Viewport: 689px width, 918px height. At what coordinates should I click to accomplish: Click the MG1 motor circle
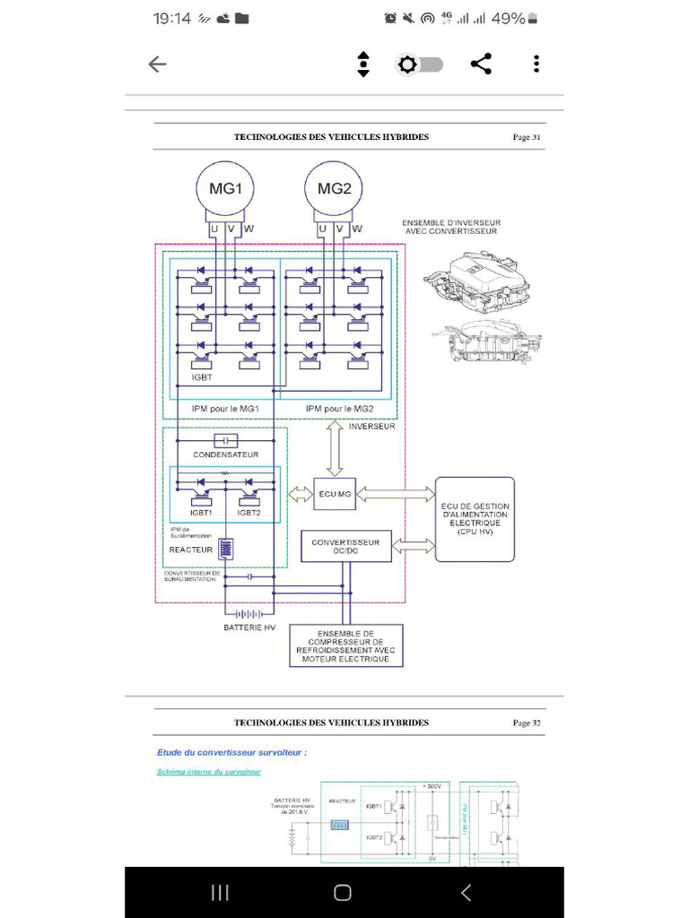pos(225,188)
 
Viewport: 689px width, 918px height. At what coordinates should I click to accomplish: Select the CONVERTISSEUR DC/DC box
pos(345,546)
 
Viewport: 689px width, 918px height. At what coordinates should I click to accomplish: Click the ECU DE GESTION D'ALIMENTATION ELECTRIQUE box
pos(475,519)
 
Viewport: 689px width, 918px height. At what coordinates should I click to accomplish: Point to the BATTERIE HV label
pos(249,628)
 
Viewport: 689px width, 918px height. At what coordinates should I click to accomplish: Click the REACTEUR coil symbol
pos(227,549)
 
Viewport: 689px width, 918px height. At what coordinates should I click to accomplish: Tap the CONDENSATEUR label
pos(225,455)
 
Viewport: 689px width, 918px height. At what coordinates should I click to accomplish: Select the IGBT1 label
pos(199,513)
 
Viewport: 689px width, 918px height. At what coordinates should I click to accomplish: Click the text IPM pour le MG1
pos(225,409)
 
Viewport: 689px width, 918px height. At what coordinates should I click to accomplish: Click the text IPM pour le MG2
pos(339,409)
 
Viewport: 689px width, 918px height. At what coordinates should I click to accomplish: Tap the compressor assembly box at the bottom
pos(345,645)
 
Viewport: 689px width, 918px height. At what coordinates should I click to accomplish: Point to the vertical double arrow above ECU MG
pos(335,449)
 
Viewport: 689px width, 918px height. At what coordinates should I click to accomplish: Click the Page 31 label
pos(527,137)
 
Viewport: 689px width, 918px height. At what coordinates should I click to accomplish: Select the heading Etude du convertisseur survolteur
pos(231,752)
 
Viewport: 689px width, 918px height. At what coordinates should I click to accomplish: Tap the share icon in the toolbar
pos(481,64)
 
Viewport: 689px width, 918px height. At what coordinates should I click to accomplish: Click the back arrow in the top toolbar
pos(157,64)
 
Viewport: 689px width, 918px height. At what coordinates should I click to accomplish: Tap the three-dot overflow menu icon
pos(536,64)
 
